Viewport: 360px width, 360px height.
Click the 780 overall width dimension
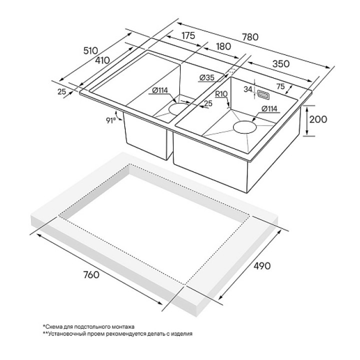(250, 36)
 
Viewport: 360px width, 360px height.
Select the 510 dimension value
(90, 50)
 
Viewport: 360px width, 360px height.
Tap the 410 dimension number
(102, 60)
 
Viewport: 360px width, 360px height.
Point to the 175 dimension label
(188, 35)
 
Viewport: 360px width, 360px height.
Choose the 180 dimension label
(223, 46)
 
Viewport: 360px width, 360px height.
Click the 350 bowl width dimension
(281, 64)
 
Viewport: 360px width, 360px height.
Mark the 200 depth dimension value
(318, 119)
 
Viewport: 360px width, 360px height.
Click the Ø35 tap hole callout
(206, 78)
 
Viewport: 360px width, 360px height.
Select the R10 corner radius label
(221, 94)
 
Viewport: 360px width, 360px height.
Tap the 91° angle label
(111, 120)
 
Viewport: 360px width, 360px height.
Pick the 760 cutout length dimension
(91, 274)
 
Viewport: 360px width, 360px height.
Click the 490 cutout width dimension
(262, 265)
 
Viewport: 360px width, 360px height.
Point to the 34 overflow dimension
(248, 89)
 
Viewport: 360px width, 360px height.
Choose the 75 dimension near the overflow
(280, 86)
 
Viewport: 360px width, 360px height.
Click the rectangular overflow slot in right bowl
(263, 94)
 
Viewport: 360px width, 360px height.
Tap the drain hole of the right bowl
(244, 127)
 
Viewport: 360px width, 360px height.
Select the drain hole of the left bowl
(178, 108)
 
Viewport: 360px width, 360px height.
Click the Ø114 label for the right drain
(269, 108)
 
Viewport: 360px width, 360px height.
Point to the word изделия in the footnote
(182, 334)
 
